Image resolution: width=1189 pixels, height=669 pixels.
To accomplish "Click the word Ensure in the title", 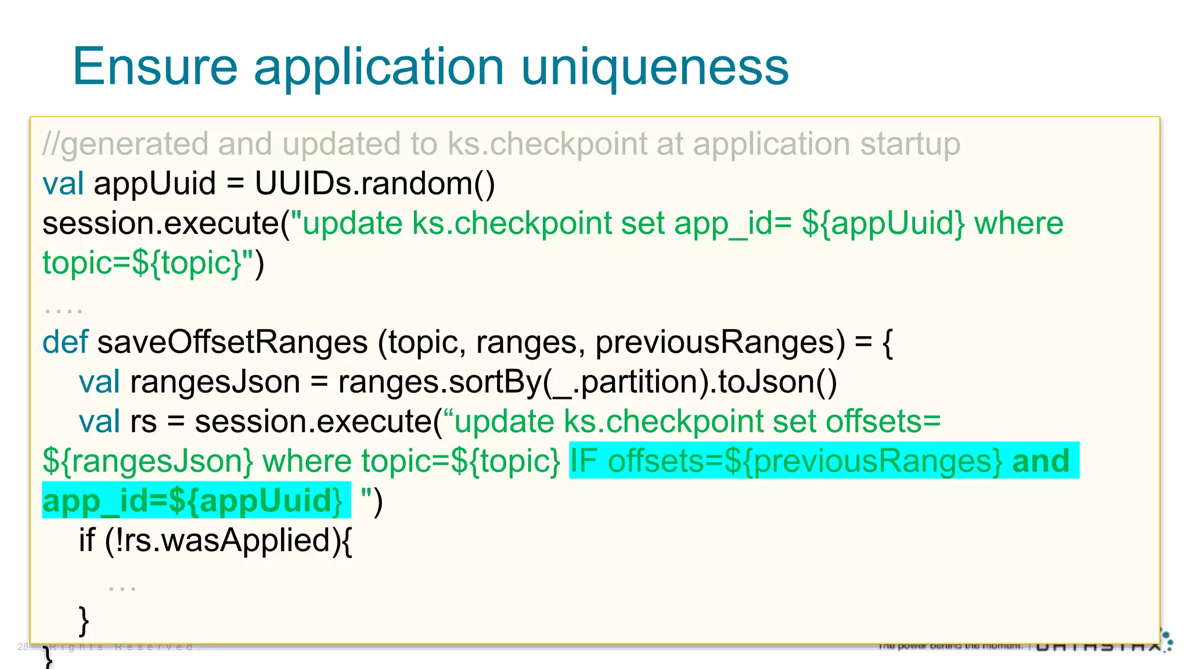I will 155,67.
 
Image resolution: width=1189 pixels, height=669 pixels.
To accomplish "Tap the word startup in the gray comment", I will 910,144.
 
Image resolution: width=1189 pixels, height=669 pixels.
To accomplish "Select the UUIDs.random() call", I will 374,184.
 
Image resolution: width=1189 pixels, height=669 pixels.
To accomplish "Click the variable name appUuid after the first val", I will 154,184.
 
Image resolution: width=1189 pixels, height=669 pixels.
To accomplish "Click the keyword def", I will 64,342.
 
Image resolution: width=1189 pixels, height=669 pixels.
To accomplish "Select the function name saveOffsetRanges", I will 232,342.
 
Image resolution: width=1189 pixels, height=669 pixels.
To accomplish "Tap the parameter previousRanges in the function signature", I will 720,342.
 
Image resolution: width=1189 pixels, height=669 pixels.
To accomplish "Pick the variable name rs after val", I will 143,422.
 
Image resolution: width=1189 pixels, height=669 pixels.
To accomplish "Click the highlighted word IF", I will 583,461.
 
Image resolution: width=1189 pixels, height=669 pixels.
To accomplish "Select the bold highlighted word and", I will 1040,461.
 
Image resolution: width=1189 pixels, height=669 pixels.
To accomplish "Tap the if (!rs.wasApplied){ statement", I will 215,540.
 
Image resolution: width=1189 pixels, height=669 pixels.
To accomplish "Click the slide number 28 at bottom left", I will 23,646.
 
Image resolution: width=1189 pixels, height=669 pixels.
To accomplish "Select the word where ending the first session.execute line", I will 1018,224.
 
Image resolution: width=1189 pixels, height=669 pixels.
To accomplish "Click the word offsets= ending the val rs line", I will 882,422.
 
